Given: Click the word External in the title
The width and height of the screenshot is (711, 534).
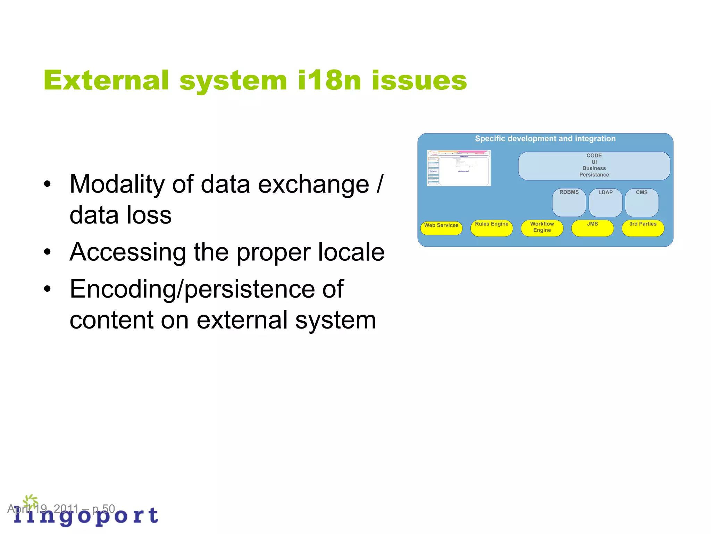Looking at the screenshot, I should (x=106, y=80).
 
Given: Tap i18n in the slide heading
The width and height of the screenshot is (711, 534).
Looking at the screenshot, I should (x=329, y=80).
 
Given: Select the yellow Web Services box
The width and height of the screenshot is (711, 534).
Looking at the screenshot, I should (x=441, y=228).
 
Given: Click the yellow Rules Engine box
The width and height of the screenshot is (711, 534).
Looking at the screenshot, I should (x=492, y=228).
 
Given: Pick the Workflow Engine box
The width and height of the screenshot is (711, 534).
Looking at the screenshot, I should (x=542, y=228).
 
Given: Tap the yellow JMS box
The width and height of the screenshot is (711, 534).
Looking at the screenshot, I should (x=592, y=228).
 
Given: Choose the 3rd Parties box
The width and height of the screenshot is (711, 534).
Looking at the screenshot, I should (x=643, y=228).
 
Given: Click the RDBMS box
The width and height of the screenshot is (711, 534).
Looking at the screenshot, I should (x=569, y=202).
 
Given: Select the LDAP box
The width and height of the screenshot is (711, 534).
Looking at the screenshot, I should (x=605, y=202).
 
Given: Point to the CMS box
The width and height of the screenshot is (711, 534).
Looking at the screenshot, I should (x=642, y=202).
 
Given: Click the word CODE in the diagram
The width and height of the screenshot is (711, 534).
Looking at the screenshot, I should (x=594, y=155).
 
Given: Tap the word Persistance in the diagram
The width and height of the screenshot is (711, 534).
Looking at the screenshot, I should (x=594, y=175).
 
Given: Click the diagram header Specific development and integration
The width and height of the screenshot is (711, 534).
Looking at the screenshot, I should (x=545, y=138).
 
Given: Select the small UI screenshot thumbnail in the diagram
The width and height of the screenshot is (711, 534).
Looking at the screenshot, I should (x=459, y=168).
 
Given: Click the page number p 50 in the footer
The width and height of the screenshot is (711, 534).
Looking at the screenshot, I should (x=103, y=509).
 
